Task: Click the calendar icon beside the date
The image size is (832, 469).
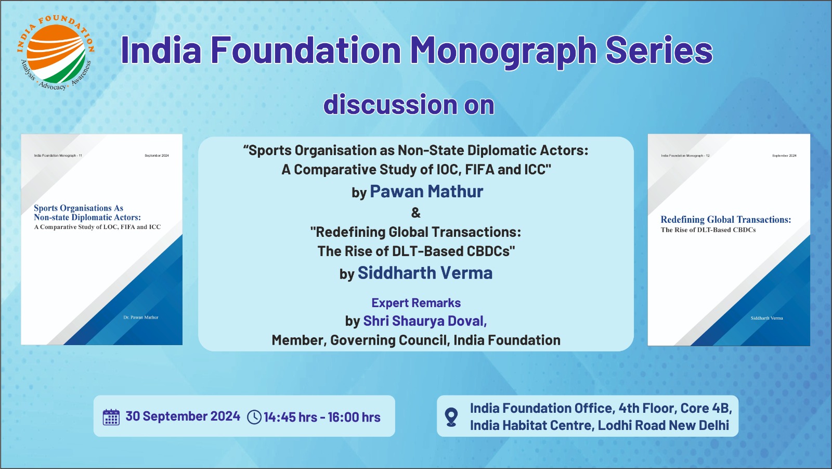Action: point(111,417)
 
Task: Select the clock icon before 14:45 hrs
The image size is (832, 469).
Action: point(254,417)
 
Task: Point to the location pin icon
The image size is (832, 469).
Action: point(451,416)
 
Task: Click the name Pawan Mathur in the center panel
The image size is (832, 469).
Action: point(426,191)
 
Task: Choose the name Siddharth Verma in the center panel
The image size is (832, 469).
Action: point(425,273)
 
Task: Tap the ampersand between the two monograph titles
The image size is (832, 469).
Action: point(416,213)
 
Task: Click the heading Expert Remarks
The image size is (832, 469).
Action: point(416,303)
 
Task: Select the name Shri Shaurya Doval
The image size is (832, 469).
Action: point(425,321)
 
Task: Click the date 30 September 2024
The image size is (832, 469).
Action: point(183,416)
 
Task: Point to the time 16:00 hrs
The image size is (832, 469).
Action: point(354,417)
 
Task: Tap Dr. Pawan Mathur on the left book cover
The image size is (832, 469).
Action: point(141,317)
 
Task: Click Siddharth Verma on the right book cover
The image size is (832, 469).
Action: point(766,318)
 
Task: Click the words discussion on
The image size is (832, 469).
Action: point(409,104)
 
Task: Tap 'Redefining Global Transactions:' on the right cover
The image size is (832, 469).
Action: point(726,220)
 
